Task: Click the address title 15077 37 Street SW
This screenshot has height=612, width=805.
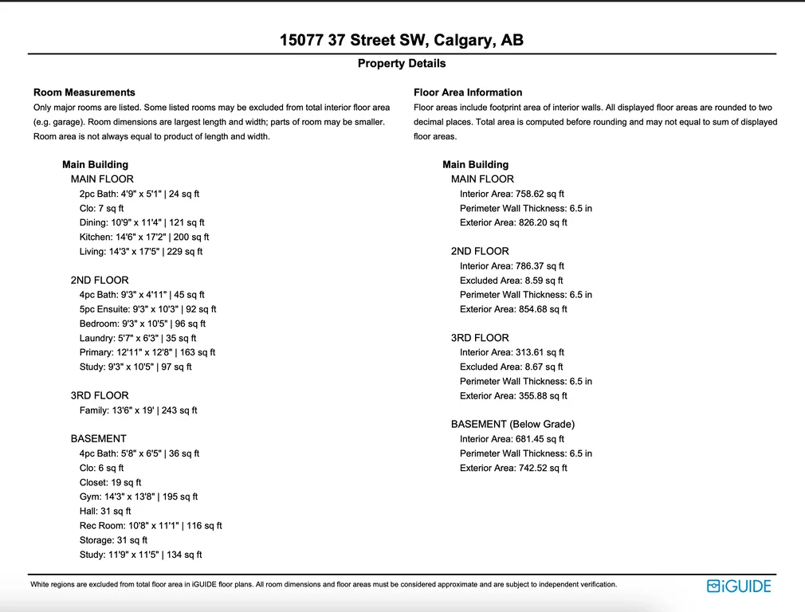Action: pos(402,41)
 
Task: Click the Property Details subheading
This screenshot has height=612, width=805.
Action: pos(402,64)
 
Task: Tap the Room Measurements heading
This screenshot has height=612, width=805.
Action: pos(84,92)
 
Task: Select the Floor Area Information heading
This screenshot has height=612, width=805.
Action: pos(468,92)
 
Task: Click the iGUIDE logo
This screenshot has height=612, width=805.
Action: pos(739,586)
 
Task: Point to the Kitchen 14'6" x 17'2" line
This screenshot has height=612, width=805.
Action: pos(144,237)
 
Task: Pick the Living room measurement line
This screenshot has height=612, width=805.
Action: pos(141,251)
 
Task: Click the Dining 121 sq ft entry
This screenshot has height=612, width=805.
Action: pos(142,222)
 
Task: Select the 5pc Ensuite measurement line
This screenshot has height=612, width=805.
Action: pos(147,309)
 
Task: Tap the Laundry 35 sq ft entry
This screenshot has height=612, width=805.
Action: pos(137,338)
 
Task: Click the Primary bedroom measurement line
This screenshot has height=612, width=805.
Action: pos(147,352)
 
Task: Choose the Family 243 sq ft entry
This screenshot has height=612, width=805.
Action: pos(138,410)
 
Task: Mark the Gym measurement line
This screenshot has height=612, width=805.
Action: pos(139,496)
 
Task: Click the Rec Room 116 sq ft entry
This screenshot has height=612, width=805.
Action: pos(151,526)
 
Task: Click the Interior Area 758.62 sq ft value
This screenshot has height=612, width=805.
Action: pos(512,194)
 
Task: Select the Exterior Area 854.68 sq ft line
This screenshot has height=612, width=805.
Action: pos(513,309)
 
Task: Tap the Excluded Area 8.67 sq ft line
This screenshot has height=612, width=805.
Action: pos(511,367)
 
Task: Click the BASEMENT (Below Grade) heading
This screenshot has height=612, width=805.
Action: pos(512,424)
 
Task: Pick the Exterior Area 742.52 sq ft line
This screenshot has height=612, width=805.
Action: pos(513,468)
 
